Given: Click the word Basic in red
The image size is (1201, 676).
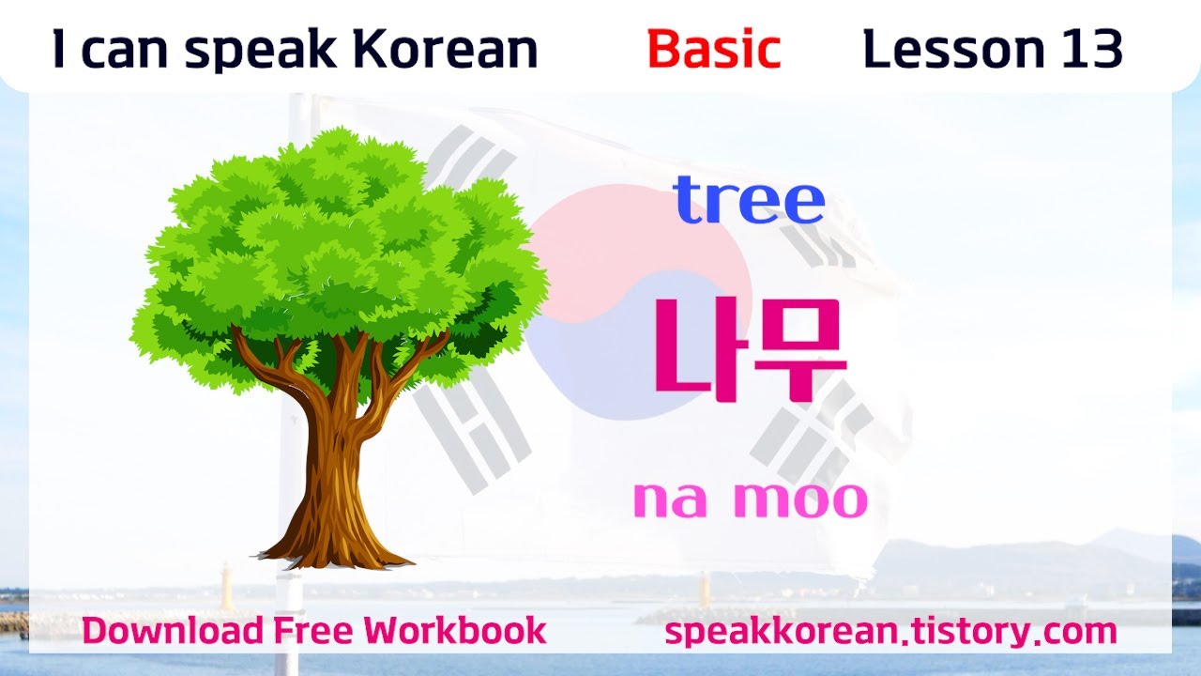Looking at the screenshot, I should tap(713, 50).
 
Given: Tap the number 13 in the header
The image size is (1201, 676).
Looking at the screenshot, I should tap(1092, 49).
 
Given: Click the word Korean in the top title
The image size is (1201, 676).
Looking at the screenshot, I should tap(449, 50).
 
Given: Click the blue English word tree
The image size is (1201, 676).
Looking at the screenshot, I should tap(749, 200).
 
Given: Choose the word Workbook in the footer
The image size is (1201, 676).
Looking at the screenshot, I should tap(457, 630).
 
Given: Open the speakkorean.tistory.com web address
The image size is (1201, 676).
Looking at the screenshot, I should tap(890, 631).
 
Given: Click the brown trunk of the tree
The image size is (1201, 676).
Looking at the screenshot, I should tap(333, 451).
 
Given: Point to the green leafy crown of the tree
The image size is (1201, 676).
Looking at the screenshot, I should tap(338, 244).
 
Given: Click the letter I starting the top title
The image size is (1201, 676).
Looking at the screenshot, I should tap(59, 49).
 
